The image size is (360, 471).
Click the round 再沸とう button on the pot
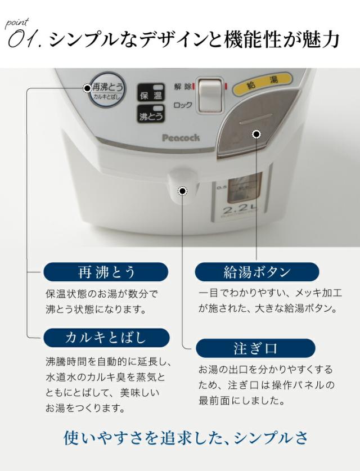point(107,91)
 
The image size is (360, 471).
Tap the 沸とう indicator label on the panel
point(151,115)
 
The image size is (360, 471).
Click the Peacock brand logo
point(181,137)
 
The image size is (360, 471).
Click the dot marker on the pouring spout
point(182,191)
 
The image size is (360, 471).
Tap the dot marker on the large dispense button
point(256,134)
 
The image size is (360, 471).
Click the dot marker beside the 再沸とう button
point(87,88)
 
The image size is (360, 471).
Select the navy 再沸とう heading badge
point(106,273)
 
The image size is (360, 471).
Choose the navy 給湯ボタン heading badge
point(256,273)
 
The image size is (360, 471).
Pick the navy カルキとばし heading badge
point(106,338)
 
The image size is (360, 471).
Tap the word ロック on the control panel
point(183,105)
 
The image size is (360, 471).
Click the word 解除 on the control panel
point(182,86)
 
